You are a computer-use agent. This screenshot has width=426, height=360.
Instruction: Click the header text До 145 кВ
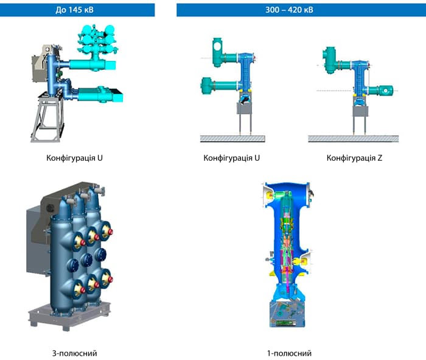[x=74, y=10]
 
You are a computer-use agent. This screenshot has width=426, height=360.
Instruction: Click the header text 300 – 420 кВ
[x=289, y=10]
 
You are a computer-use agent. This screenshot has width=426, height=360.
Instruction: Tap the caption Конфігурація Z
[x=354, y=158]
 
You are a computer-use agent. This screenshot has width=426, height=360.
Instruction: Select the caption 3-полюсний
[x=74, y=353]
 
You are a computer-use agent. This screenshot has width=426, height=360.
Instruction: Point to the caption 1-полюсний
[x=289, y=353]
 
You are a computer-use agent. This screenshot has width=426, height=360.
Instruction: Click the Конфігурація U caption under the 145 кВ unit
[x=74, y=158]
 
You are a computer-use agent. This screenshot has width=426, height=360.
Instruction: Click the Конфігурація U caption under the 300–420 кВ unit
[x=231, y=158]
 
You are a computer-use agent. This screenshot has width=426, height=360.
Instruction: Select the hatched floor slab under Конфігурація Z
[x=353, y=139]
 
